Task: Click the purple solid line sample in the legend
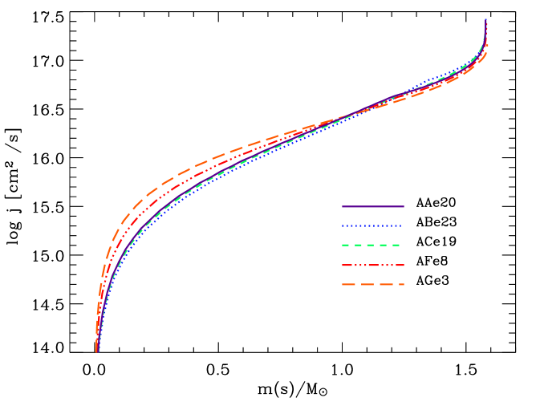(x=372, y=207)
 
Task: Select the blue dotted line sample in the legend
(x=372, y=226)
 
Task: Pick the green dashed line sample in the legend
(x=372, y=246)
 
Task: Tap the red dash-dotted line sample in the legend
(x=372, y=265)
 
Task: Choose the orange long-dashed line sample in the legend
(x=372, y=285)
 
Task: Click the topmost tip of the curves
(x=485, y=20)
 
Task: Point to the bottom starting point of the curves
(x=97, y=351)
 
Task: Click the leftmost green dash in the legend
(x=347, y=246)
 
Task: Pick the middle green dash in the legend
(x=371, y=246)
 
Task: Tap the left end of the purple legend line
(x=343, y=207)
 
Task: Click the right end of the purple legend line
(x=403, y=207)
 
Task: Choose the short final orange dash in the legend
(x=401, y=285)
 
